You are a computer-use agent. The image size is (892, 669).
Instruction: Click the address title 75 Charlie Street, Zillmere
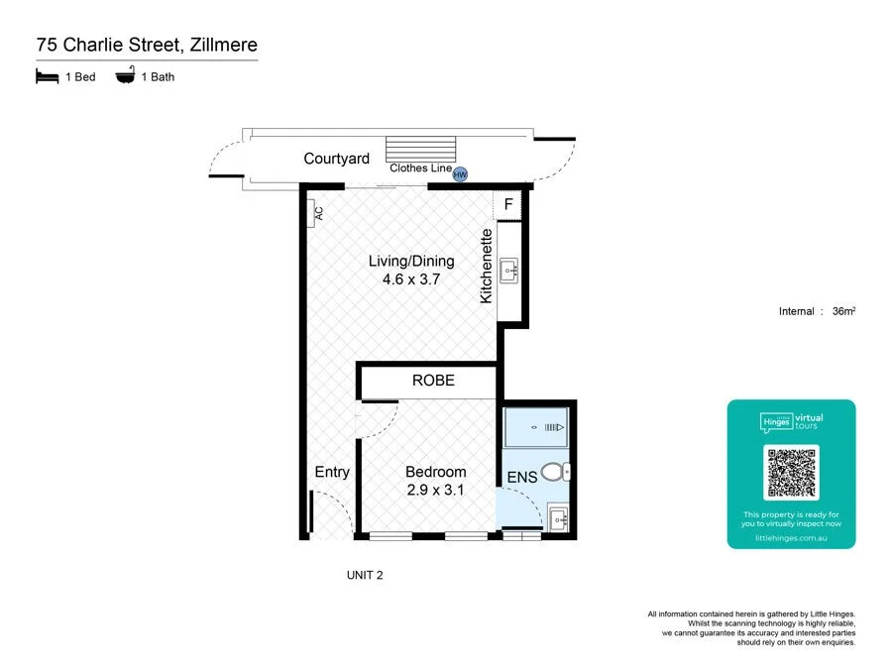[147, 45]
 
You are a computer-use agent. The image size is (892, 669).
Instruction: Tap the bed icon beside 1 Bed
[47, 76]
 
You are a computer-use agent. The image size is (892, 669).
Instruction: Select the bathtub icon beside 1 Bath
[126, 76]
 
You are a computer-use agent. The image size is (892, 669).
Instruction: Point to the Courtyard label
[336, 159]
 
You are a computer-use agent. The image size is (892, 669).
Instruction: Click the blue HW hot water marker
[460, 174]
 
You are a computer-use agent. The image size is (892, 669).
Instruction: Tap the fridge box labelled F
[508, 204]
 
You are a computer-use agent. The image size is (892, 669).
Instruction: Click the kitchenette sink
[509, 269]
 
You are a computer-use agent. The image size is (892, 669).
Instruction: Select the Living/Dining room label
[410, 262]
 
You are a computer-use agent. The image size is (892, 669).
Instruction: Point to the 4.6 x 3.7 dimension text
[410, 280]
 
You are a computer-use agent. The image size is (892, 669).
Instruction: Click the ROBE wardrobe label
[433, 381]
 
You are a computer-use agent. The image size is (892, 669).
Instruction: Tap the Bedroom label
[435, 472]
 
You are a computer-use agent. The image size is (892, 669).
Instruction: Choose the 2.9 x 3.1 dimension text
[435, 490]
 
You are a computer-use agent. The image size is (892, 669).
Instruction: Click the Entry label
[332, 472]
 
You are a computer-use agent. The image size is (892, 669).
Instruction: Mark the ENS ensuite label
[521, 477]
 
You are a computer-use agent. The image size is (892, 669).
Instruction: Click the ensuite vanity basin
[556, 518]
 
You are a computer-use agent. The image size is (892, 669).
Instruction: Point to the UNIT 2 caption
[365, 574]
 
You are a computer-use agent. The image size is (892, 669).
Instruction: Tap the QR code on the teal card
[791, 473]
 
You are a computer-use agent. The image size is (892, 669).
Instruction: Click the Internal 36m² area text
[817, 311]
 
